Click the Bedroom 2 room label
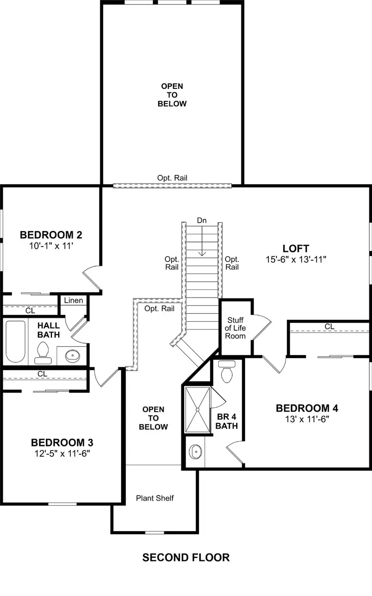pyautogui.click(x=51, y=235)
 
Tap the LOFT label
pyautogui.click(x=296, y=249)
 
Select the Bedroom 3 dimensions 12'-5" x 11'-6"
pyautogui.click(x=62, y=454)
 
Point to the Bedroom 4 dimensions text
pyautogui.click(x=307, y=419)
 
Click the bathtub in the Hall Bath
pyautogui.click(x=15, y=341)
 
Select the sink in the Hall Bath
pyautogui.click(x=73, y=355)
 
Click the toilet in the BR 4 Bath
pyautogui.click(x=227, y=371)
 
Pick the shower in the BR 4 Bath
pyautogui.click(x=197, y=410)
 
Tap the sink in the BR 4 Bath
pyautogui.click(x=195, y=451)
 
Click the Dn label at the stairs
pyautogui.click(x=202, y=221)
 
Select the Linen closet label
pyautogui.click(x=74, y=300)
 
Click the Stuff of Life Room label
pyautogui.click(x=236, y=328)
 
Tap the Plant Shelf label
pyautogui.click(x=155, y=498)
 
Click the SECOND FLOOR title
pyautogui.click(x=186, y=558)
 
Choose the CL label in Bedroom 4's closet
pyautogui.click(x=329, y=327)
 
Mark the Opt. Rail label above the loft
pyautogui.click(x=172, y=178)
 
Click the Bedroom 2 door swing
pyautogui.click(x=92, y=276)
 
